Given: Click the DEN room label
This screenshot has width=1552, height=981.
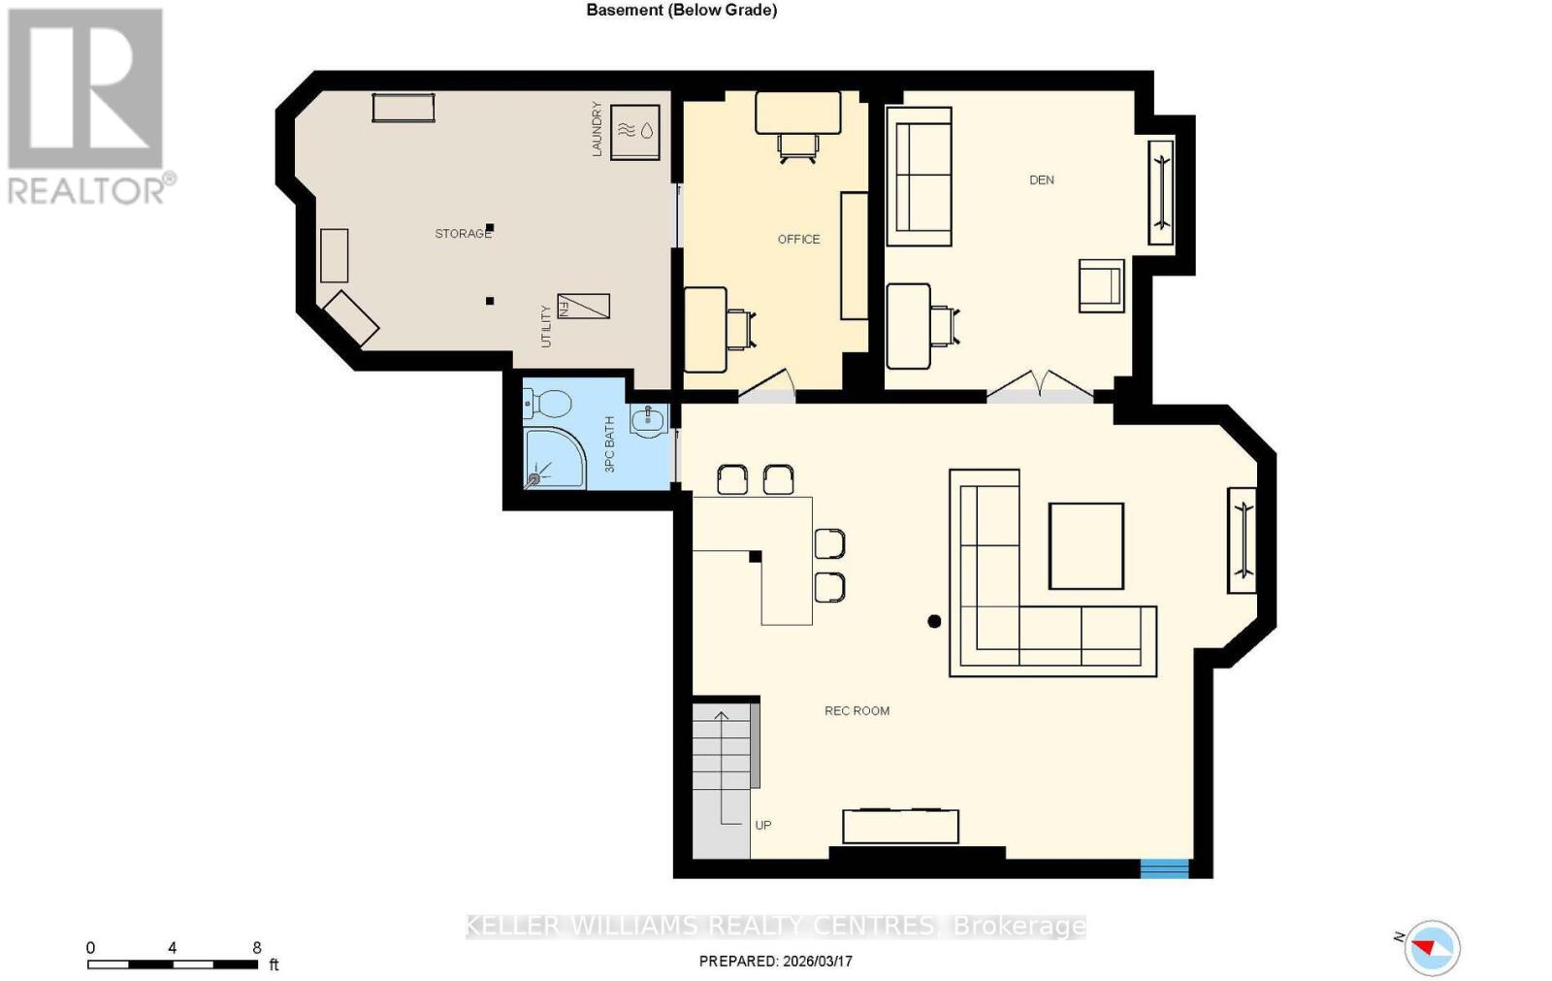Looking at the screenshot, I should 1041,180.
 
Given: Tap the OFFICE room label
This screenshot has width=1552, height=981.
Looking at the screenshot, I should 798,239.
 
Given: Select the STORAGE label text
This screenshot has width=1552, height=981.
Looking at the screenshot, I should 463,234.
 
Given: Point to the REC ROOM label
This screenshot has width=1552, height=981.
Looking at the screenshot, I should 857,711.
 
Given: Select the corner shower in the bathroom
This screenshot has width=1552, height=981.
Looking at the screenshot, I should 553,457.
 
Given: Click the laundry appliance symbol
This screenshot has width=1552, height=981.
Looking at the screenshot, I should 635,131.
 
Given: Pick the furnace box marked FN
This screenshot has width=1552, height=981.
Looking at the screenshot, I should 583,307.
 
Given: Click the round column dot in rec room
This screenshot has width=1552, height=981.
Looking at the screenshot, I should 934,621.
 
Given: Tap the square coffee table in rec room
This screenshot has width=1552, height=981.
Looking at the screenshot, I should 1086,546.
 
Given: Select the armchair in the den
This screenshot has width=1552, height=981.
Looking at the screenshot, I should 1102,285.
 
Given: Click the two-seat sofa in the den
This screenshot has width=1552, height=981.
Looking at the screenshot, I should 919,176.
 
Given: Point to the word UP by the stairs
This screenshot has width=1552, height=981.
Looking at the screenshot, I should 763,826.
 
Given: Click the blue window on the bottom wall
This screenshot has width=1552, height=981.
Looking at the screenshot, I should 1164,867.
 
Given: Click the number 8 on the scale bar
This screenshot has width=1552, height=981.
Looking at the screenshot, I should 257,948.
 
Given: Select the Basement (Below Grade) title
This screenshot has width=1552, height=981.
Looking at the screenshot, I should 681,11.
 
